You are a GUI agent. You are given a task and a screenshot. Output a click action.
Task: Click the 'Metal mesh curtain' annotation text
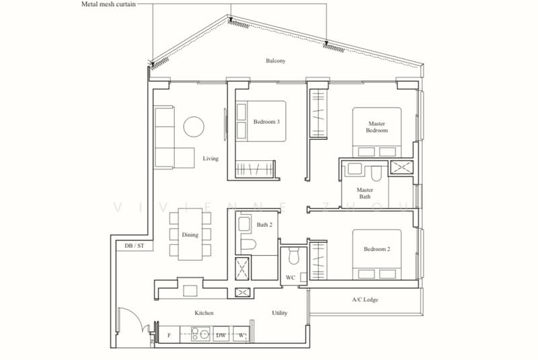click(108, 4)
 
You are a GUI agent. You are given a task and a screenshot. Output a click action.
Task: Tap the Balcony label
click(276, 61)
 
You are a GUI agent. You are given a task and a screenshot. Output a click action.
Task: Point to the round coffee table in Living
click(194, 127)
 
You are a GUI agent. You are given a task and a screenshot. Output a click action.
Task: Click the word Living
click(210, 158)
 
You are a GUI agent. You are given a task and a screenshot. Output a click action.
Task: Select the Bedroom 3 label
click(266, 122)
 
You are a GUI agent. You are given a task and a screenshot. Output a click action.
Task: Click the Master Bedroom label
click(377, 127)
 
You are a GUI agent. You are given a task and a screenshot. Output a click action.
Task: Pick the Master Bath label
click(364, 193)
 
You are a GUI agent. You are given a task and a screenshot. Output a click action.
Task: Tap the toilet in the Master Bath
click(376, 174)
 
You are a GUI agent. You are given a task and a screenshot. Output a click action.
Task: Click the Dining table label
click(190, 235)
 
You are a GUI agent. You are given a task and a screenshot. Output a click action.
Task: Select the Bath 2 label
click(264, 225)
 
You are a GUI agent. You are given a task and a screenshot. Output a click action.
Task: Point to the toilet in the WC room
click(294, 256)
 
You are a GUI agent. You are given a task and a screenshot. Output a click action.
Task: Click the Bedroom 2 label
click(377, 249)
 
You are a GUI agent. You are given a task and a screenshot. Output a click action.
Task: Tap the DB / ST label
click(134, 246)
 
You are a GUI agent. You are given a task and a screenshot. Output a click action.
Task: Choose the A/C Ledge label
click(365, 299)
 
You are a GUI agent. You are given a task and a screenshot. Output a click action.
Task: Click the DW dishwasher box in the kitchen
click(221, 334)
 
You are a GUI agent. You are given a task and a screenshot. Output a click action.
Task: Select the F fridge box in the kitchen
click(169, 335)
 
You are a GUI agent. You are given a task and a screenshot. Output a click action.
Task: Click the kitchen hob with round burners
click(200, 334)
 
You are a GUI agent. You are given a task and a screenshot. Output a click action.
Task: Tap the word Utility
click(280, 313)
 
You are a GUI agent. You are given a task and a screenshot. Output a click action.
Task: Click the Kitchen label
click(204, 313)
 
